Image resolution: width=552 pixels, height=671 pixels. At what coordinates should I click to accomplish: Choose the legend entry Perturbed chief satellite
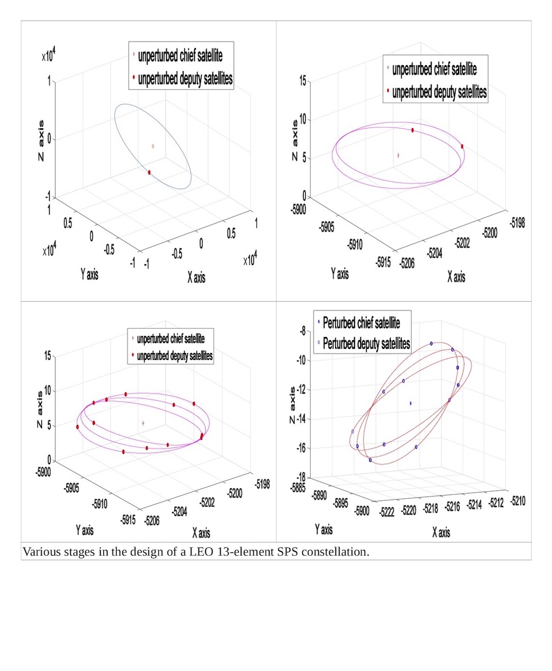click(361, 322)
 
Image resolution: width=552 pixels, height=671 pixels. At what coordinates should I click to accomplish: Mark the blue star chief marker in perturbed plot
click(411, 403)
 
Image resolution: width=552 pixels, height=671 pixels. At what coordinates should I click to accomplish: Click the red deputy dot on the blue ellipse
click(150, 173)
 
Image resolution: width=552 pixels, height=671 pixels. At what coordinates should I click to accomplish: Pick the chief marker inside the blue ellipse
click(153, 146)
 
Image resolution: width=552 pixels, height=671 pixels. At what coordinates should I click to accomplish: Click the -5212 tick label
click(496, 502)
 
